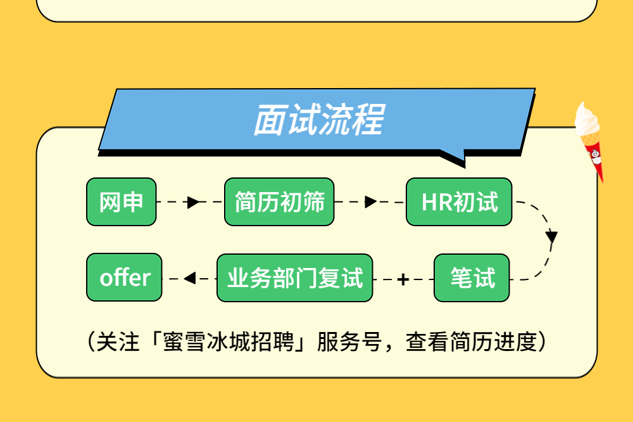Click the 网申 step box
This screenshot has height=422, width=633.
121,201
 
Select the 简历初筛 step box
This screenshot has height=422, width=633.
279,201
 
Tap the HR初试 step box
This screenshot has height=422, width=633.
460,201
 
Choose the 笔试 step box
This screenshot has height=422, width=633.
472,278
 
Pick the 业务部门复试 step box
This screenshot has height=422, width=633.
295,278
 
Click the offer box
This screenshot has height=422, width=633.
125,278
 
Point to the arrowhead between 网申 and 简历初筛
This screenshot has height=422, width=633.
193,202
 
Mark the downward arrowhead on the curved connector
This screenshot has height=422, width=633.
551,237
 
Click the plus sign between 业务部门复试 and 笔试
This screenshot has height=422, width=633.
403,279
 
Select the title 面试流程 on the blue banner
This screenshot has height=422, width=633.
318,120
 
